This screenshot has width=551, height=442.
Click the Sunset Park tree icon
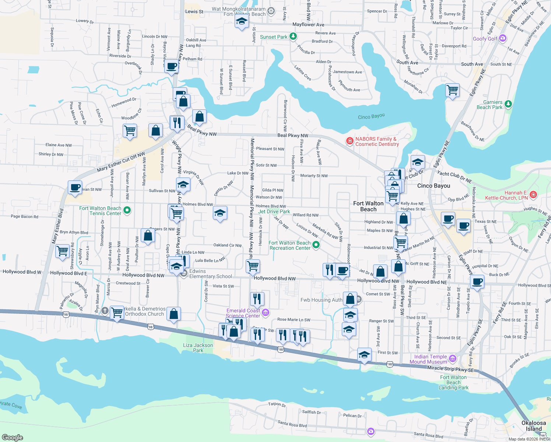293,36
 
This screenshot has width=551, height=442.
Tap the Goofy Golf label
485,39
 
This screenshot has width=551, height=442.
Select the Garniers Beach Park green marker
508,104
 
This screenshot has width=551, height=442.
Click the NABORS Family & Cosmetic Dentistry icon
350,141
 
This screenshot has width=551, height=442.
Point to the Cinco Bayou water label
371,116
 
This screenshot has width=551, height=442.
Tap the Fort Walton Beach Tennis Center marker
127,210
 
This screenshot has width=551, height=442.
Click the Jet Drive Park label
274,211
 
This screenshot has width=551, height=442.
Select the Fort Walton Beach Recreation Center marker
316,245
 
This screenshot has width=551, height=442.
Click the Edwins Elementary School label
210,274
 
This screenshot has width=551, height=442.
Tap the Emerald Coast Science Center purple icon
266,313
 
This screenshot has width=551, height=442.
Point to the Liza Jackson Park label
198,348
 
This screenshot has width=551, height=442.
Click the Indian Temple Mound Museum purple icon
453,359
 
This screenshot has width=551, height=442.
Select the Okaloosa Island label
534,426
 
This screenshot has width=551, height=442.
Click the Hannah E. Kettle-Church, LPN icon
533,194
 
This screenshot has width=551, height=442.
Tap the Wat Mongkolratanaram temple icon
271,11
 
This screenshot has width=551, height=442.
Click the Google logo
12,437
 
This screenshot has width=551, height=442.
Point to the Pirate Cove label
11,405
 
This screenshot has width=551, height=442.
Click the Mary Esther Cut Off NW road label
121,162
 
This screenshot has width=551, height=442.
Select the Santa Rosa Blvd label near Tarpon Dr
292,424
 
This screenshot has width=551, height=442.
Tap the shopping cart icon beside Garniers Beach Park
452,90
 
